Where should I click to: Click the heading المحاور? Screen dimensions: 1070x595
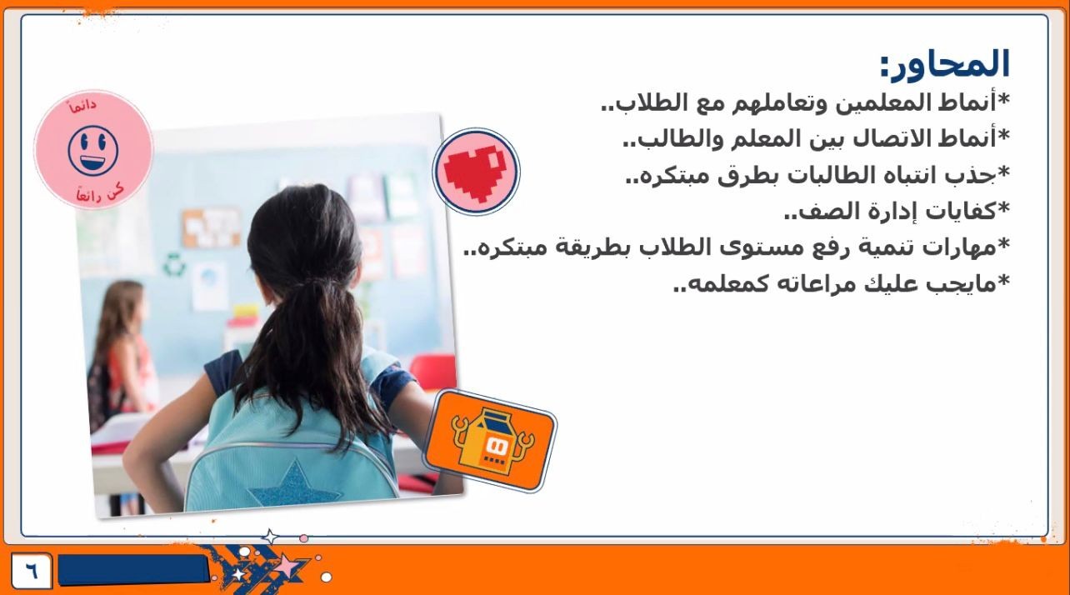tap(945, 64)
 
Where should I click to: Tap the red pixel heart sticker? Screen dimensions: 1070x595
tap(476, 172)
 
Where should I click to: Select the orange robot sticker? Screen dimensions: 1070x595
tap(491, 441)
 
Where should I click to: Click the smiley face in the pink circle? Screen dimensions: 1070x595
tap(93, 151)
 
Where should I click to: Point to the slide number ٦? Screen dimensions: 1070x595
tap(32, 570)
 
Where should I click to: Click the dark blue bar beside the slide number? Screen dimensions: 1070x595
tap(133, 570)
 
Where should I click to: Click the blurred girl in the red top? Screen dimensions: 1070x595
tap(122, 354)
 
